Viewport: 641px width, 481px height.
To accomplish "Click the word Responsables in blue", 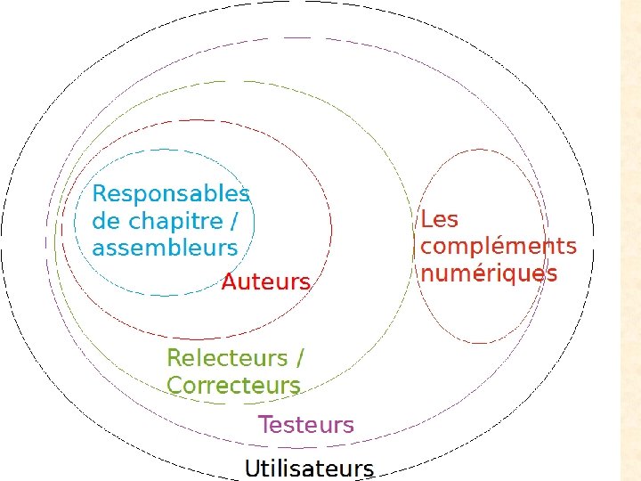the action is coord(171,194).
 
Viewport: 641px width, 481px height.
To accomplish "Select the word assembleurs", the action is coord(165,248).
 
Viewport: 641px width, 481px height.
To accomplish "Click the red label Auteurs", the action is coord(265,282).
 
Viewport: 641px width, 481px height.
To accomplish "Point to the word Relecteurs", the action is coord(227,358).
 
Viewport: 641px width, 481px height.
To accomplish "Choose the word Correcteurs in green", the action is coord(233,386).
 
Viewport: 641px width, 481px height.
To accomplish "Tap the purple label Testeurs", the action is coord(305,425).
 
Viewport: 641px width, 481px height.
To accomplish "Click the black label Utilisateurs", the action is coord(309,468).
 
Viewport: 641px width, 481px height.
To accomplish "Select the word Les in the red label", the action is coord(439,219).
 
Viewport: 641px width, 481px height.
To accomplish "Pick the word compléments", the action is coord(499,247).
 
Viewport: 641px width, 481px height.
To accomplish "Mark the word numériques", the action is coord(489,273).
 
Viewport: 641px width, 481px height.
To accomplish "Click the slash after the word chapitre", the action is coord(235,221).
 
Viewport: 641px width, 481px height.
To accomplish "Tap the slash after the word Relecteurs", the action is coord(299,358).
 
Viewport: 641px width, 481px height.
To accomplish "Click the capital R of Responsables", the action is coord(100,194).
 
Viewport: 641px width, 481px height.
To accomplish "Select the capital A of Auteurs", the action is coord(229,282).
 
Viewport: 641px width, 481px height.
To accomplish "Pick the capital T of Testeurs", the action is coord(264,425).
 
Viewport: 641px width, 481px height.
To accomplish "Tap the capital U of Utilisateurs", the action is coord(253,468).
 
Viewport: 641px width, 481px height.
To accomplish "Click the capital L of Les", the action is coord(426,219).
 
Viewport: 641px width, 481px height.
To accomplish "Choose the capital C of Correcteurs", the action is coord(174,386).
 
